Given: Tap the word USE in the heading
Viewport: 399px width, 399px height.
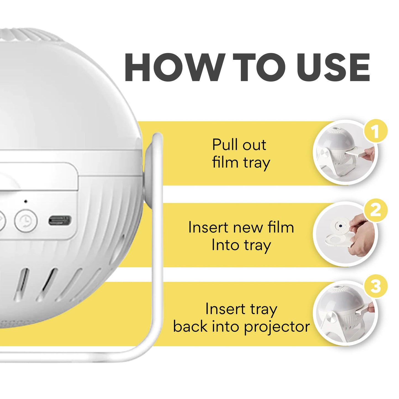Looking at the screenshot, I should (x=333, y=67).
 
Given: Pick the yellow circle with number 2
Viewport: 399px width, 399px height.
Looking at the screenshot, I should (x=376, y=210).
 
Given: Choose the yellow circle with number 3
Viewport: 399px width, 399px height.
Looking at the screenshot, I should (x=376, y=286).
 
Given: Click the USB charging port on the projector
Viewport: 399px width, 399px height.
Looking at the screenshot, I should (x=60, y=221).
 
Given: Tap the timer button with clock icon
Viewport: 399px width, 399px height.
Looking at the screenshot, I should (x=26, y=221).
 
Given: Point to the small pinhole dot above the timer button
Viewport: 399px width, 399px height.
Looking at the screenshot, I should (x=26, y=201).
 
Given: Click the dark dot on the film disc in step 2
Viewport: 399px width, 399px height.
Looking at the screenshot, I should (x=340, y=226).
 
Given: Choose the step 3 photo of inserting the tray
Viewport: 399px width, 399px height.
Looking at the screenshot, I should (x=345, y=313).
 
